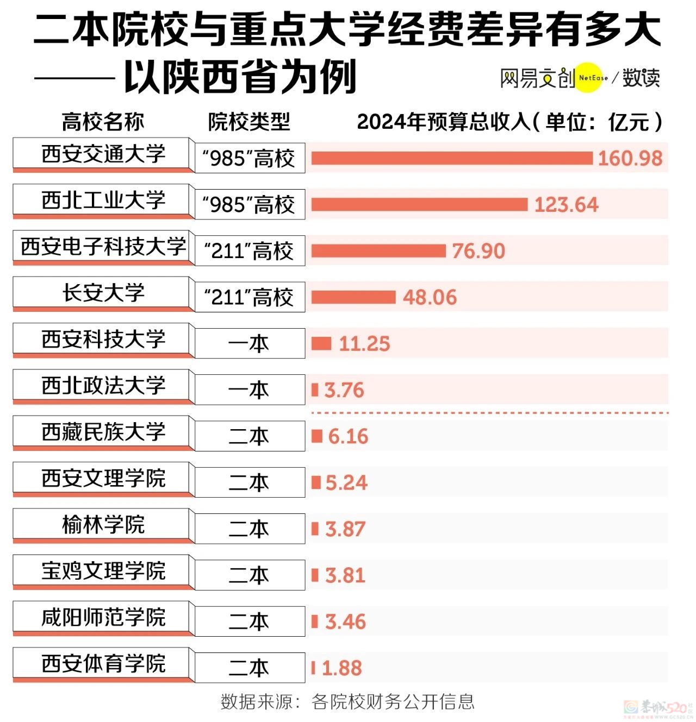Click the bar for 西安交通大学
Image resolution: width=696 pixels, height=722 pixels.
click(x=451, y=158)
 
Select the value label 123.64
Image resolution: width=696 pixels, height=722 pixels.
click(x=566, y=205)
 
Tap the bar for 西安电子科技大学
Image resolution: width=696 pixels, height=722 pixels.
click(x=378, y=251)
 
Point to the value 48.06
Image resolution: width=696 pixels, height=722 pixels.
click(x=430, y=297)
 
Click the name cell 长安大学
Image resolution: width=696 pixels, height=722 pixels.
click(x=103, y=293)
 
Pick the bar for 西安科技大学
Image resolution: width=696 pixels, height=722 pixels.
click(x=321, y=343)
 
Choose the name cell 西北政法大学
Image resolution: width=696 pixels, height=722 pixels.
click(x=103, y=386)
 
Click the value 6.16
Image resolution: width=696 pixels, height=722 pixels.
click(x=348, y=436)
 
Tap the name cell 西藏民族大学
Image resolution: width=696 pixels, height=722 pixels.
click(x=103, y=432)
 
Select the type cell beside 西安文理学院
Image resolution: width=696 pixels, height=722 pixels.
click(x=250, y=482)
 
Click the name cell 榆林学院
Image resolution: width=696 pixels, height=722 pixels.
click(x=103, y=525)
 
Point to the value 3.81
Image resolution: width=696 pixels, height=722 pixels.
click(x=345, y=575)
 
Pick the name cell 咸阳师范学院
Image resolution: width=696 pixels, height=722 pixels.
click(x=103, y=617)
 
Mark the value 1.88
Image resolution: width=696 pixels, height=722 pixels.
click(x=341, y=668)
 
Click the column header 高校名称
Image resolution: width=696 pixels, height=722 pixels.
click(x=103, y=122)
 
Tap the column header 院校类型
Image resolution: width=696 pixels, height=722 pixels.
click(x=249, y=122)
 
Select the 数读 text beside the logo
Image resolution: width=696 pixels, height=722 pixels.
click(x=641, y=78)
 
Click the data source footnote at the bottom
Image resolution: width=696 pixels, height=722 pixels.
click(x=347, y=701)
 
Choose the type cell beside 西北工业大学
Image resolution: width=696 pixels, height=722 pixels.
click(x=250, y=205)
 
